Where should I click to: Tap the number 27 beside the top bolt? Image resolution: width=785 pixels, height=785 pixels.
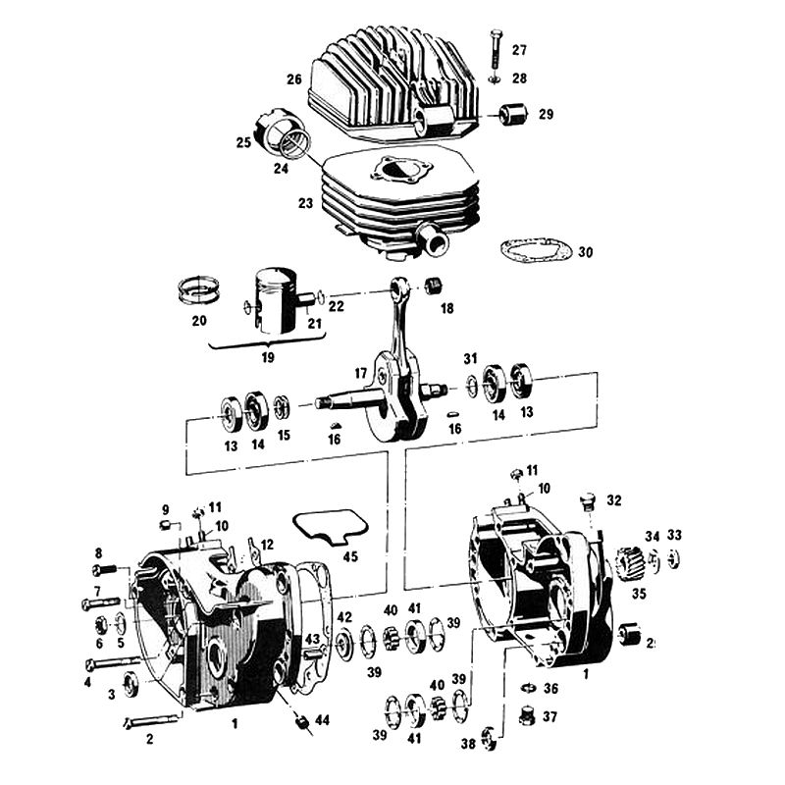coord(519,50)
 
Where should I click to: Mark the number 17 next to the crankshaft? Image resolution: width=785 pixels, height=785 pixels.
coord(361,373)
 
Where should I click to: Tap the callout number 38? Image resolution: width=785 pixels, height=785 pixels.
coord(468,744)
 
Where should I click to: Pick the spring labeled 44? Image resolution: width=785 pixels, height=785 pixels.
coord(303,724)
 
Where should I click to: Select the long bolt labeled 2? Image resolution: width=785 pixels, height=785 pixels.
coord(152,721)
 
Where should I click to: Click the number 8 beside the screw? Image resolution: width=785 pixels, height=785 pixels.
coord(98,552)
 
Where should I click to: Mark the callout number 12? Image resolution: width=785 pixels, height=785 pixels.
coord(268,543)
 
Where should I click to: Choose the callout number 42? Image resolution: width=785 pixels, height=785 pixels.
coord(344,617)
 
